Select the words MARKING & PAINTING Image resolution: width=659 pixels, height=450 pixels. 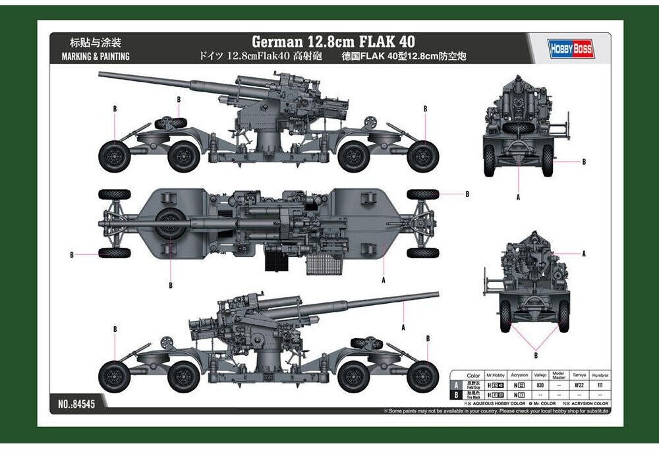(96, 57)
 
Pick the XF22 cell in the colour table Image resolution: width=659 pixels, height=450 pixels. (579, 385)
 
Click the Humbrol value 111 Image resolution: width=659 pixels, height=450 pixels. (599, 385)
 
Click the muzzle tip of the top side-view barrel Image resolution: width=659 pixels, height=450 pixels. (101, 76)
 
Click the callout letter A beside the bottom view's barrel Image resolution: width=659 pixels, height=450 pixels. (403, 326)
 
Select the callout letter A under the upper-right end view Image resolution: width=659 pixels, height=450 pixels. (518, 197)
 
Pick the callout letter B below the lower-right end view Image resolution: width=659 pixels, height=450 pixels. (536, 356)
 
